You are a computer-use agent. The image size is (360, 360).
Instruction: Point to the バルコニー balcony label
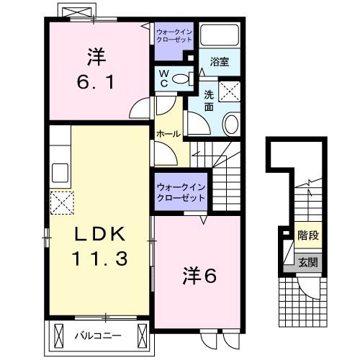(x=98, y=334)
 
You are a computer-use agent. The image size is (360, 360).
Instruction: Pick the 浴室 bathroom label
(x=220, y=61)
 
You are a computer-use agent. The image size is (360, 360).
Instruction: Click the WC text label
(x=163, y=78)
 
